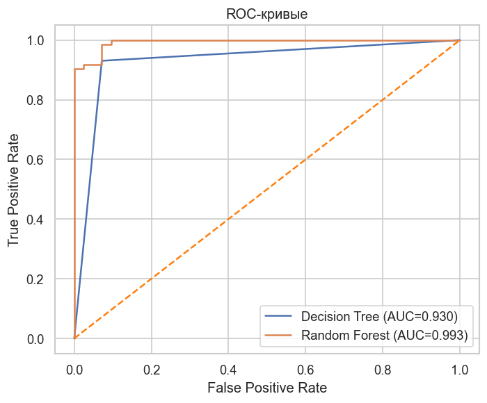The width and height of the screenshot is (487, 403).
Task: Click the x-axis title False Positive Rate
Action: pyautogui.click(x=267, y=387)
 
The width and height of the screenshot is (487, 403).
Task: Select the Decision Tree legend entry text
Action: pyautogui.click(x=379, y=316)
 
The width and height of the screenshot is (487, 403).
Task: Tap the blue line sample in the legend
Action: pyautogui.click(x=280, y=316)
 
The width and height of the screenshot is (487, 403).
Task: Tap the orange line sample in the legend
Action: pyautogui.click(x=280, y=336)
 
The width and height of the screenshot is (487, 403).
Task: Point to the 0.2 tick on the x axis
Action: pyautogui.click(x=152, y=368)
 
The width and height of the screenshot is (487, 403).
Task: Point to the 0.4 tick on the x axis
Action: pyautogui.click(x=229, y=368)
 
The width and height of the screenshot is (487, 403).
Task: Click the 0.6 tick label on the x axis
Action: pyautogui.click(x=306, y=368)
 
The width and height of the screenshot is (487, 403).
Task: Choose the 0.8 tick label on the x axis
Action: pyautogui.click(x=383, y=368)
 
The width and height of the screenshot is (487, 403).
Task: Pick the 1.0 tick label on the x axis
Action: pyautogui.click(x=460, y=368)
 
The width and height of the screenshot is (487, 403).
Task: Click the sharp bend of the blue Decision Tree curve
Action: pyautogui.click(x=102, y=61)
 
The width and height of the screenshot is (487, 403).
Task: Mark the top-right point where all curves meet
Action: pyautogui.click(x=460, y=40)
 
